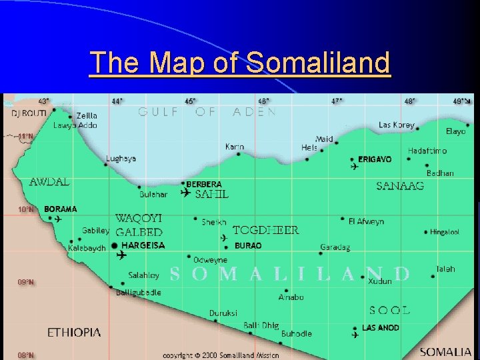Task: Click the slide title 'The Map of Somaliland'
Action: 239,63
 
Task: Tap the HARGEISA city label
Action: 143,245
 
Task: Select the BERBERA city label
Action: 204,184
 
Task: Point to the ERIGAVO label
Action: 375,159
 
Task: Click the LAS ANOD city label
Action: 381,327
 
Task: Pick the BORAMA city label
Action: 61,209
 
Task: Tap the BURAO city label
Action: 248,245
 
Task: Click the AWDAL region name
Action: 50,181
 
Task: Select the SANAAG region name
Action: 400,186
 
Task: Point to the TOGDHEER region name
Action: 265,230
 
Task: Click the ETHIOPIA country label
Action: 74,332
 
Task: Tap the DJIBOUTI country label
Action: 29,113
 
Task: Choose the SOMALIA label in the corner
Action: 446,351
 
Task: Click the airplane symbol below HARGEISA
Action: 121,255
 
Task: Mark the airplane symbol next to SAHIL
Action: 185,193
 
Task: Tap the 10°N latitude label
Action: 26,209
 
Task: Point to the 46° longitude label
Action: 264,101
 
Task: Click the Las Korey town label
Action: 397,125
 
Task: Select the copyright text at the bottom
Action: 213,355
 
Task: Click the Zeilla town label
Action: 87,115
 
